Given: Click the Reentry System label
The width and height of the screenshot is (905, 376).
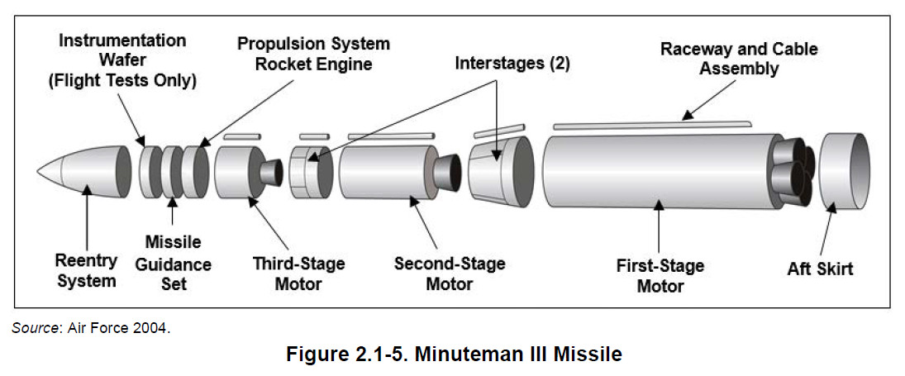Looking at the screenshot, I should pos(86,271).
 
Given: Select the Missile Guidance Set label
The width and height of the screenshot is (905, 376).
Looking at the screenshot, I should pos(173,263).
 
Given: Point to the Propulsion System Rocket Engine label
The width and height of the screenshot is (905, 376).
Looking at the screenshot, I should pos(313,53).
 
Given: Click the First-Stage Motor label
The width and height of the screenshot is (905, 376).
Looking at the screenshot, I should pos(660,276).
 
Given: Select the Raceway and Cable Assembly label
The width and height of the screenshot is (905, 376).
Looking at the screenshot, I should pos(739,59).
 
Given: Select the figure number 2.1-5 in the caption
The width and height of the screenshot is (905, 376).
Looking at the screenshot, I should pos(380,355).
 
